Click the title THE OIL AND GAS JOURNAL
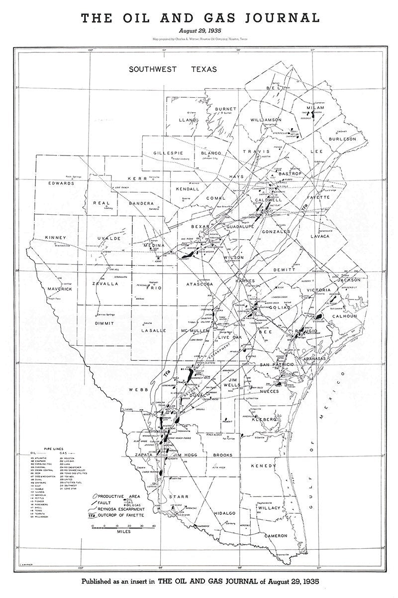[200, 18]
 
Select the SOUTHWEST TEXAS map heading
[173, 69]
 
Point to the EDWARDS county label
[61, 183]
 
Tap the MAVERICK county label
[60, 289]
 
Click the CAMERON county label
[276, 536]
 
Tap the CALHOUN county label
[345, 316]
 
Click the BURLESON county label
[343, 139]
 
